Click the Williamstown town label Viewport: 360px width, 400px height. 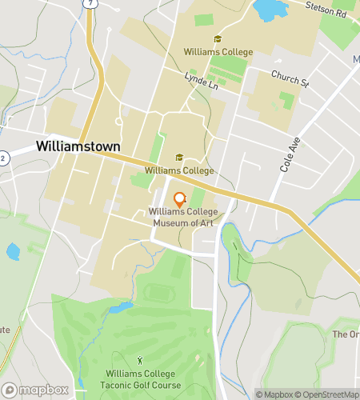pyautogui.click(x=78, y=147)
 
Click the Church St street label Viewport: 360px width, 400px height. pyautogui.click(x=289, y=81)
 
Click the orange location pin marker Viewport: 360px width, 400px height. pyautogui.click(x=179, y=200)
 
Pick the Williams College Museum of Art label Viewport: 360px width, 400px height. pyautogui.click(x=179, y=217)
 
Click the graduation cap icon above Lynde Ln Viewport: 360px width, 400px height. pyautogui.click(x=218, y=39)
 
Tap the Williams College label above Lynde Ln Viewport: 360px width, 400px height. pyautogui.click(x=218, y=52)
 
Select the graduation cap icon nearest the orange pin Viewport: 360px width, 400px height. pyautogui.click(x=179, y=158)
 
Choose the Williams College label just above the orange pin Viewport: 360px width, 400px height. pyautogui.click(x=179, y=170)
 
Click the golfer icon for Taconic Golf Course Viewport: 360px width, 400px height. pyautogui.click(x=142, y=361)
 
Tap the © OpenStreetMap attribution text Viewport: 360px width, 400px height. pyautogui.click(x=328, y=394)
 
